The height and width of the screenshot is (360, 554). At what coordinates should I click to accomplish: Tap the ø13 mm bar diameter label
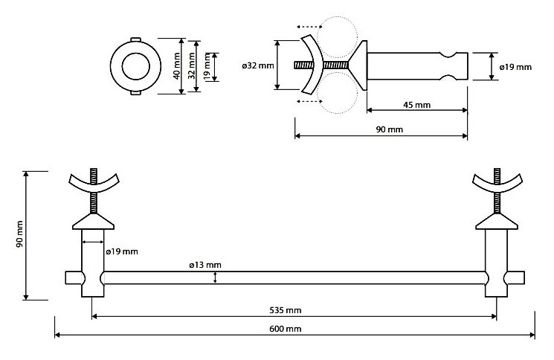[204, 265]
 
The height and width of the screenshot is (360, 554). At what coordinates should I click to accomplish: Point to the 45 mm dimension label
[416, 105]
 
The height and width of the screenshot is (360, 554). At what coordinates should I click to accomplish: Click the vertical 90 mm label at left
[20, 235]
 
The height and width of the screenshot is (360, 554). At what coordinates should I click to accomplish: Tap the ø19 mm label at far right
[515, 67]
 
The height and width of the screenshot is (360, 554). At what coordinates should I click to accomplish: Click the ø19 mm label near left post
[122, 251]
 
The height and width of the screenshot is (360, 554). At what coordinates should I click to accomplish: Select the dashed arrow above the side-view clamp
[311, 27]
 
